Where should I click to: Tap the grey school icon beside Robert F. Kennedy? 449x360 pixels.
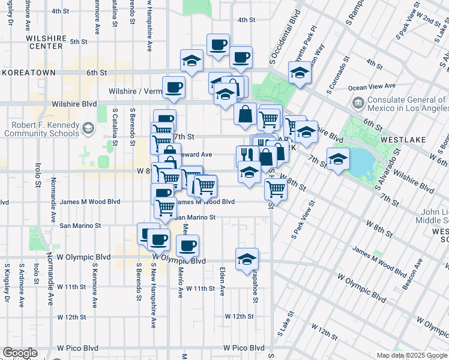click(x=88, y=128)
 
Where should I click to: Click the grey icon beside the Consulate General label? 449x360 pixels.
click(x=358, y=103)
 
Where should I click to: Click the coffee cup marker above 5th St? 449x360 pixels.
click(x=218, y=44)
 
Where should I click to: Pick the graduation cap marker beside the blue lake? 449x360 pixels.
click(x=338, y=160)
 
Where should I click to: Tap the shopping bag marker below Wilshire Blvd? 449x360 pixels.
click(x=245, y=115)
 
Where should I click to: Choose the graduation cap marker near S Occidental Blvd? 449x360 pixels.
click(x=299, y=74)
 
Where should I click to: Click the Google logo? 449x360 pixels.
click(x=20, y=353)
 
